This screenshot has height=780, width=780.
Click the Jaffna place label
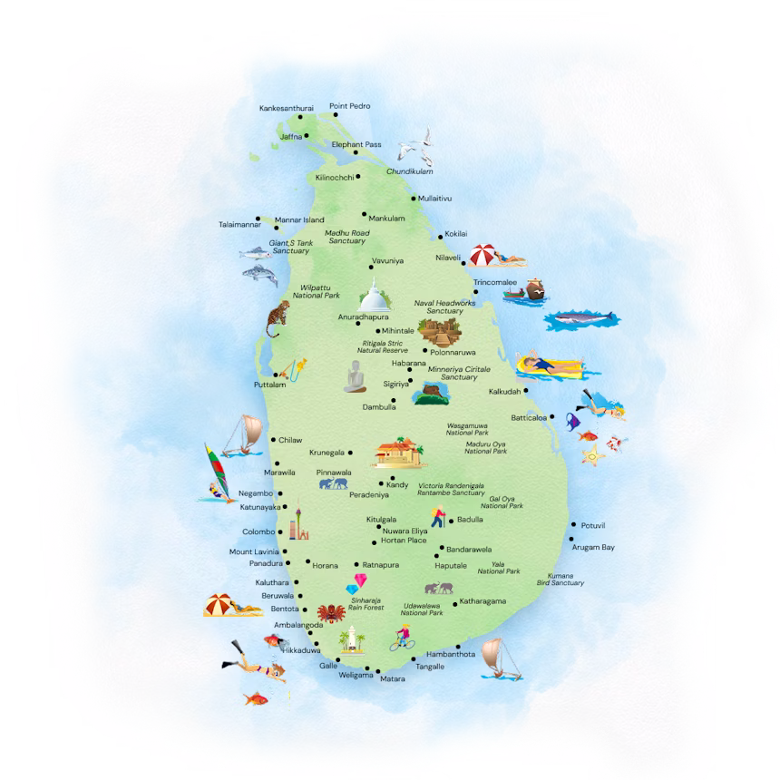pyautogui.click(x=291, y=137)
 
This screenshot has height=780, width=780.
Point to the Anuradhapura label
pyautogui.click(x=363, y=317)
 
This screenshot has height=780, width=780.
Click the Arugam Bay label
pyautogui.click(x=593, y=548)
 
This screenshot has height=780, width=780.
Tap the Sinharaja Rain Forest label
pyautogui.click(x=363, y=603)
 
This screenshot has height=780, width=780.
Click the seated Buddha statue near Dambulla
pyautogui.click(x=354, y=377)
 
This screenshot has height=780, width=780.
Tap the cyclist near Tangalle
pyautogui.click(x=400, y=639)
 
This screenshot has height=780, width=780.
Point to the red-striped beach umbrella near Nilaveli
pyautogui.click(x=486, y=255)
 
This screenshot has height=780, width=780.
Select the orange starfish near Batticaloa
pyautogui.click(x=593, y=457)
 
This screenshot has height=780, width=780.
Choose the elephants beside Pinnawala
pyautogui.click(x=332, y=484)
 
